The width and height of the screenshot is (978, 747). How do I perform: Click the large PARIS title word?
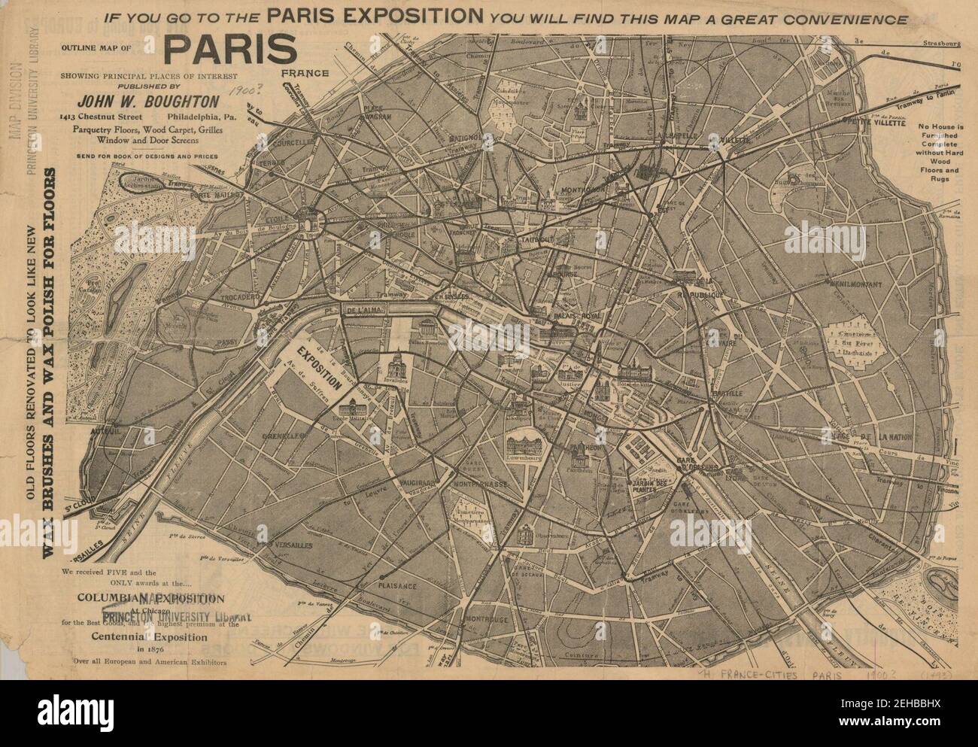(x=229, y=50)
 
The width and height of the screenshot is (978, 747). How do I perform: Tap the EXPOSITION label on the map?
(x=315, y=361)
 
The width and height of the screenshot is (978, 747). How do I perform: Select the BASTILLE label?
(x=727, y=393)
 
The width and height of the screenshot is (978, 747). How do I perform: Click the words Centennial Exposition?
(x=150, y=636)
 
